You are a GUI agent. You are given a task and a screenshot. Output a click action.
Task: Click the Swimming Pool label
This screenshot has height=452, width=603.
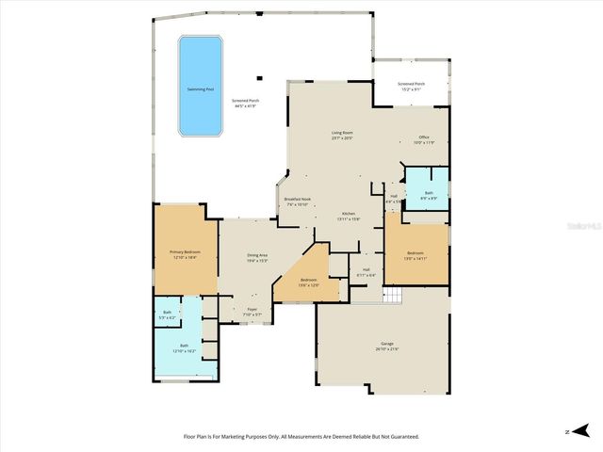pos(199,89)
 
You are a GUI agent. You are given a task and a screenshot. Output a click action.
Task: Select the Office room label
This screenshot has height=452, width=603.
pos(424,137)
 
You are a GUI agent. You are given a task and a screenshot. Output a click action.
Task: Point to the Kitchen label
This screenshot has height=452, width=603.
pos(348,213)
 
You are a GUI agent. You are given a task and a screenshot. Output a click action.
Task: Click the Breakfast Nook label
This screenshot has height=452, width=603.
pos(298,199)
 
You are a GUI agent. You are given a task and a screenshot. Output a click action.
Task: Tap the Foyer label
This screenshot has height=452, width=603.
pos(253,309)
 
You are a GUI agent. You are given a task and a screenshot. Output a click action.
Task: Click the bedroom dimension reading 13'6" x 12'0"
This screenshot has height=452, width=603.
pos(309,284)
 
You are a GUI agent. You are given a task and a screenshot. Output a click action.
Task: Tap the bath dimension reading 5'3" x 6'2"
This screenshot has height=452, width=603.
pos(167,317)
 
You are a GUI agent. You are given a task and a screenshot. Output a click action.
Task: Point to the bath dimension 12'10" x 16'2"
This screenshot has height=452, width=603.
pos(184,350)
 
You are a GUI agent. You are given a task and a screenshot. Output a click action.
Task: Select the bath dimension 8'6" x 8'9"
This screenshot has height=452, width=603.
pos(429,198)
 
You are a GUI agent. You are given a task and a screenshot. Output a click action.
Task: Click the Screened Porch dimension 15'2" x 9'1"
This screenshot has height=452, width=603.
pos(411,89)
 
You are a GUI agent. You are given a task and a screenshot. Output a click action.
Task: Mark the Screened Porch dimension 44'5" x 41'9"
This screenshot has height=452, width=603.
pos(247,105)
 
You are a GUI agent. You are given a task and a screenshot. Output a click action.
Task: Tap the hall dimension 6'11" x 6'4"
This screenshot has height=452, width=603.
pos(366,275)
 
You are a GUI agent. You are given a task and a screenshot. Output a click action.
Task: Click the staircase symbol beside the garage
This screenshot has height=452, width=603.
pos(392,297)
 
